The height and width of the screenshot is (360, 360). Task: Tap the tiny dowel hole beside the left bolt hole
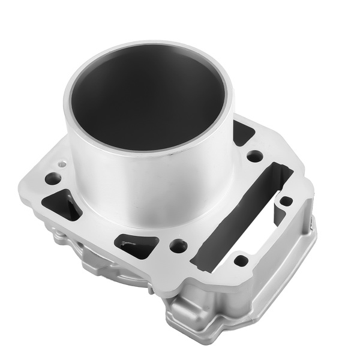pos(61,163)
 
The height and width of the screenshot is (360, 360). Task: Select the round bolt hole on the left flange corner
pos(53,178)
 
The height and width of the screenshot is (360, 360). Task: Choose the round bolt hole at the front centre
pos(178,245)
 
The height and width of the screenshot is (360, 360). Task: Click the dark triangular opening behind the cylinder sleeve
pos(242,133)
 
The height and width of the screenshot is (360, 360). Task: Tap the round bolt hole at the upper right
pos(255,156)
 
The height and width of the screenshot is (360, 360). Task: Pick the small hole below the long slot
pos(241,260)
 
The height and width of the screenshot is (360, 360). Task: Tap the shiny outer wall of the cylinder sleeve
pos(150,180)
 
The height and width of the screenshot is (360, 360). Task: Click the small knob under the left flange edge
pos(58,236)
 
